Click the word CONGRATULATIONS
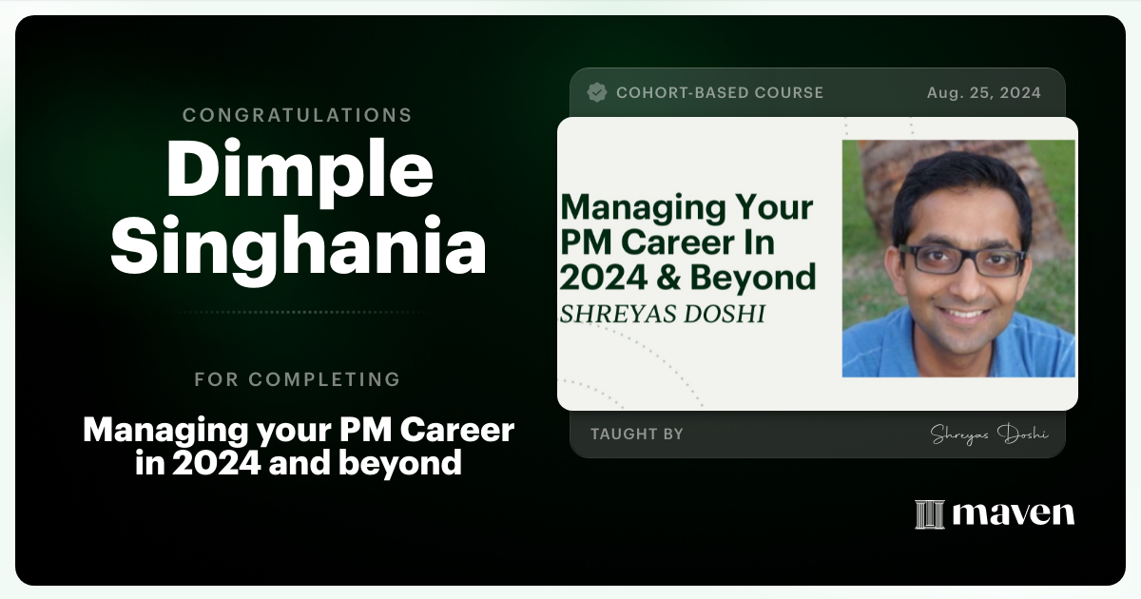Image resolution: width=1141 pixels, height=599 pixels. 297,115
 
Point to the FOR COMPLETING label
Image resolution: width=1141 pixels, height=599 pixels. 297,379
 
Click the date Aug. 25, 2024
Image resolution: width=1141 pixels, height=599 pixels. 983,93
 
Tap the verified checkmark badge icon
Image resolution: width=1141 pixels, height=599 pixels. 597,92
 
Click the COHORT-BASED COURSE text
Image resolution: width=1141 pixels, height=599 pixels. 719,93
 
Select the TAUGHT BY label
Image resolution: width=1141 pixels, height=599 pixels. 636,435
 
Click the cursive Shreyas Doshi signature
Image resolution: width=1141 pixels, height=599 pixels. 989,435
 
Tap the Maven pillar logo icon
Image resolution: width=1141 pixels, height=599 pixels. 929,514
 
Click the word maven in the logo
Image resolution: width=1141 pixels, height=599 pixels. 1013,514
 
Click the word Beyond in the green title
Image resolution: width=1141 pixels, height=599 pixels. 765,277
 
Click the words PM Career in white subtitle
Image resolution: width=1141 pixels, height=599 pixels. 427,431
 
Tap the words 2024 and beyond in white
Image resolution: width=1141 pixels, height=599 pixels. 298,462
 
